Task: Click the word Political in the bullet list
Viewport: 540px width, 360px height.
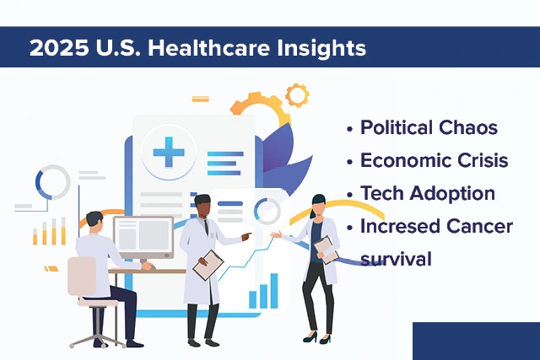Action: [x=397, y=128]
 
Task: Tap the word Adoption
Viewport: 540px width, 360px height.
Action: [x=456, y=194]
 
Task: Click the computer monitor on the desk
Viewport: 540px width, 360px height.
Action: [x=143, y=234]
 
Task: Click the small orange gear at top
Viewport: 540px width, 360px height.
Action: [x=296, y=94]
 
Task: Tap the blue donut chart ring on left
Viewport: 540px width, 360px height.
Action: [x=52, y=182]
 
